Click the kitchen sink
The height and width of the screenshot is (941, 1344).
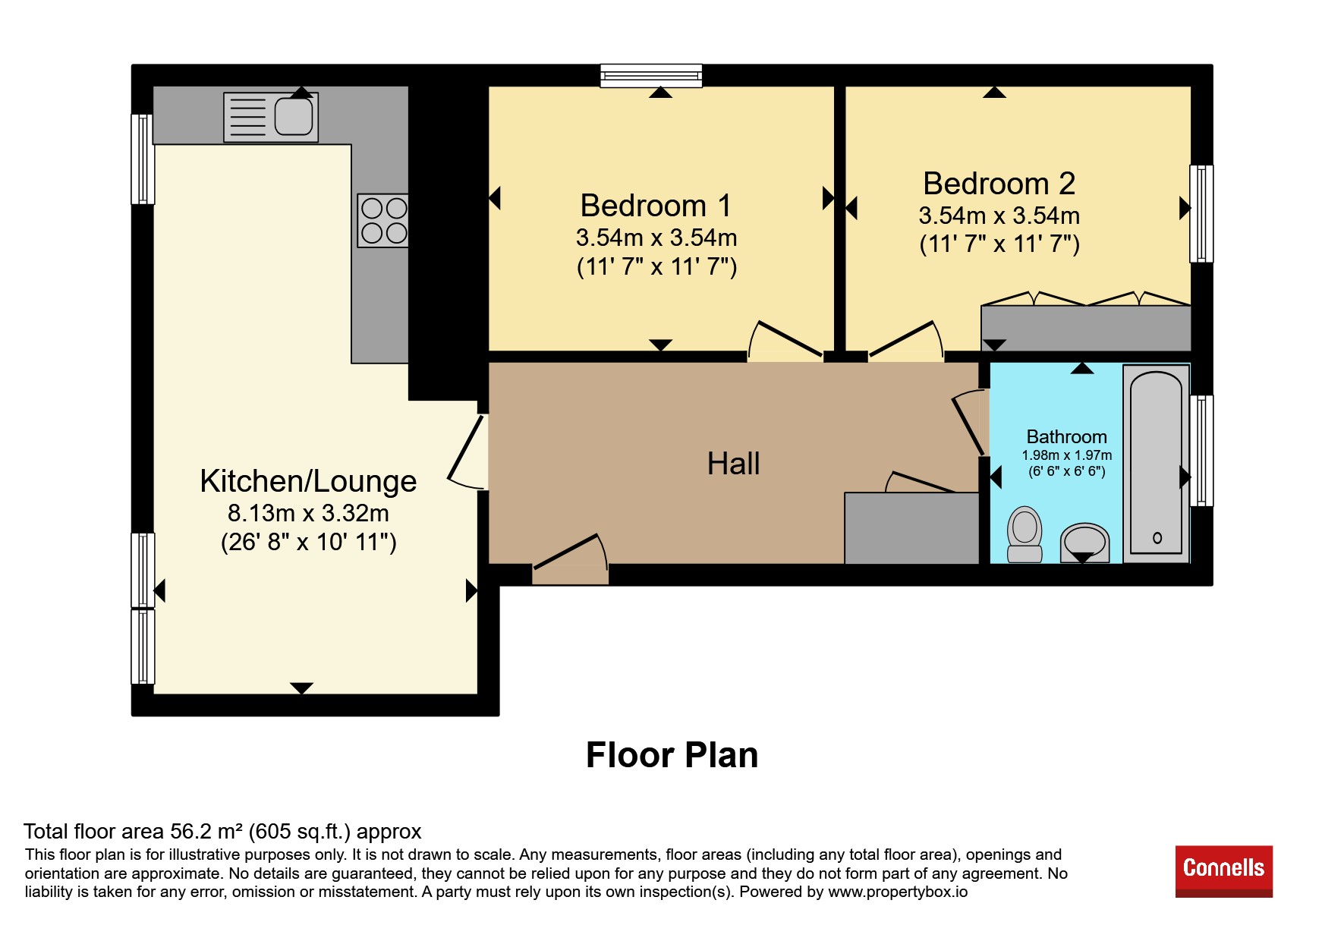271,118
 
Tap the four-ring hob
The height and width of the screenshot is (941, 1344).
383,221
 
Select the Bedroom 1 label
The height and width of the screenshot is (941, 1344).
656,206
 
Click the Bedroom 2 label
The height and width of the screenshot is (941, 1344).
999,184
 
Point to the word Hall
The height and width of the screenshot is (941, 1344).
733,464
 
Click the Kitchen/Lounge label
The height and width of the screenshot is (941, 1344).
308,481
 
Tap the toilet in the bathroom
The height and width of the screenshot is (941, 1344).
1025,534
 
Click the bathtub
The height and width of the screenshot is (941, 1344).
1156,464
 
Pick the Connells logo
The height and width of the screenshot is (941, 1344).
1223,871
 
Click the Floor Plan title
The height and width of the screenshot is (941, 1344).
672,755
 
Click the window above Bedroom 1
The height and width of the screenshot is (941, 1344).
651,75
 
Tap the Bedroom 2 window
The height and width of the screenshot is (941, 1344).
1201,213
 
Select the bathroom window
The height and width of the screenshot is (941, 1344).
1201,450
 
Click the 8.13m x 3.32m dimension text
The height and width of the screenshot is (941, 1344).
308,513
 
